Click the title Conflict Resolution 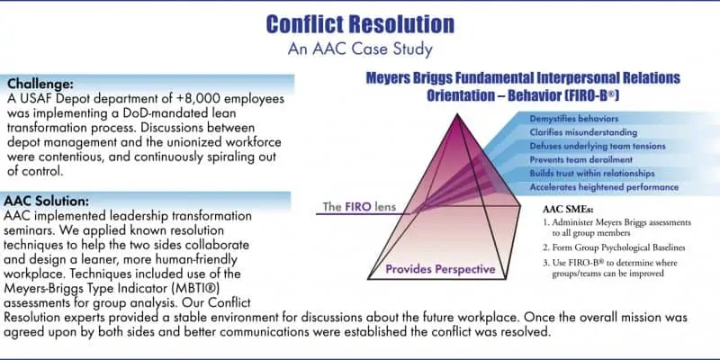[x=360, y=24]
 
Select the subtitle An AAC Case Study [x=360, y=49]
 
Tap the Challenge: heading [x=40, y=85]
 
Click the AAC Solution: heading [x=47, y=201]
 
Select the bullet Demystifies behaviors [x=574, y=119]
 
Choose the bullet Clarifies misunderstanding [x=583, y=132]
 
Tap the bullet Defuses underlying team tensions [x=598, y=146]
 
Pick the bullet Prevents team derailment [x=580, y=160]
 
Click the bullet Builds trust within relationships [x=592, y=174]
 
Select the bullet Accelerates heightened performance [x=604, y=187]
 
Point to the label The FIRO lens [x=359, y=207]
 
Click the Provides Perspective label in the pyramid [x=440, y=269]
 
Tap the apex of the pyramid [x=457, y=114]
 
